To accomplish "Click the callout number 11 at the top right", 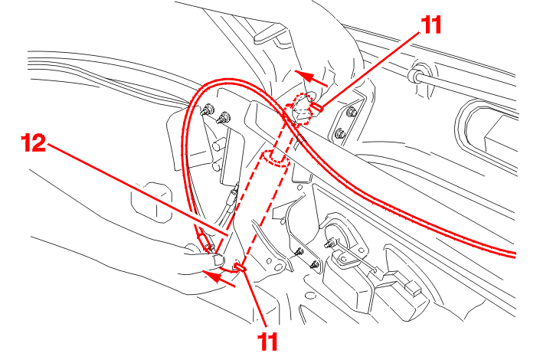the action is (430, 25).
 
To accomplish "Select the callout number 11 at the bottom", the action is (267, 342).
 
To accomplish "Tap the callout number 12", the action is (34, 143).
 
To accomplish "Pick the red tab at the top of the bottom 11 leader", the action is (240, 267).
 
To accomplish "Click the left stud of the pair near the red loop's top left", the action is (208, 110).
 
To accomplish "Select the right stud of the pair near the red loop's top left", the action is (224, 118).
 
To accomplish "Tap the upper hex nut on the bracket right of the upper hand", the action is (352, 112).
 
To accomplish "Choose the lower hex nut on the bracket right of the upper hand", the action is (341, 133).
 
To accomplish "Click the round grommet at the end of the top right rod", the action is (416, 76).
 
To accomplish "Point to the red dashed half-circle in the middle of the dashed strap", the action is (276, 159).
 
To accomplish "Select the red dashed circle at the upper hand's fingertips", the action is (300, 108).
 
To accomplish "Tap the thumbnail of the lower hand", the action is (218, 259).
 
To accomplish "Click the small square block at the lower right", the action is (414, 288).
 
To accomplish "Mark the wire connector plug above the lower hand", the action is (234, 195).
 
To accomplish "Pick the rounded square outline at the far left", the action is (151, 203).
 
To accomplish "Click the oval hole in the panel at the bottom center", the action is (311, 295).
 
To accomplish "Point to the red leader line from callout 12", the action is (137, 189).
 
